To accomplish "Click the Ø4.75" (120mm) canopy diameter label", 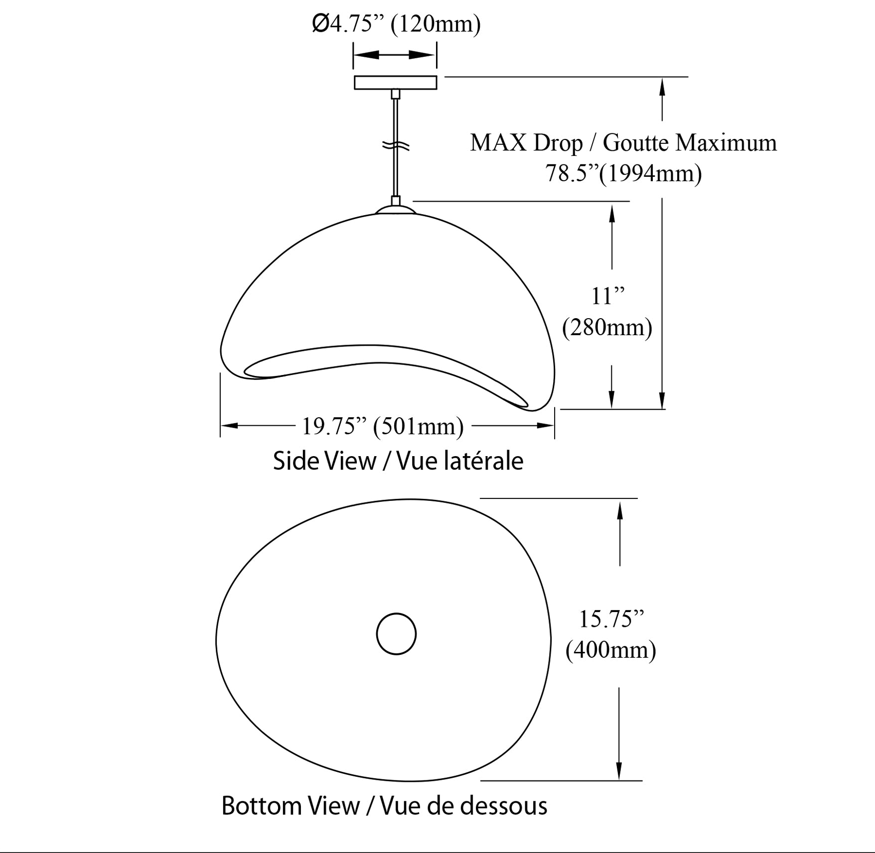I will (x=396, y=24).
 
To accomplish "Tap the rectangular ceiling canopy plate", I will (x=395, y=82).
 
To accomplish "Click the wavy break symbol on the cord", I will (x=396, y=146).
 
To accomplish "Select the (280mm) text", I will (x=607, y=328).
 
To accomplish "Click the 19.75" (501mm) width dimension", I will (x=383, y=426).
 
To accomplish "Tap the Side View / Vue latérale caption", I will (x=398, y=461).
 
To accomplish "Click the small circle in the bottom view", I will (x=396, y=633).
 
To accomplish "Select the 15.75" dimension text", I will (x=611, y=619).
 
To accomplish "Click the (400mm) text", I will (x=610, y=650).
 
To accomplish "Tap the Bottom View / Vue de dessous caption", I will (x=384, y=805).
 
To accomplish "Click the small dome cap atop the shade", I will (x=395, y=210).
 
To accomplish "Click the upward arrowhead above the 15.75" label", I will (x=620, y=511).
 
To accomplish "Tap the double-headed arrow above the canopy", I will (x=395, y=55).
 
